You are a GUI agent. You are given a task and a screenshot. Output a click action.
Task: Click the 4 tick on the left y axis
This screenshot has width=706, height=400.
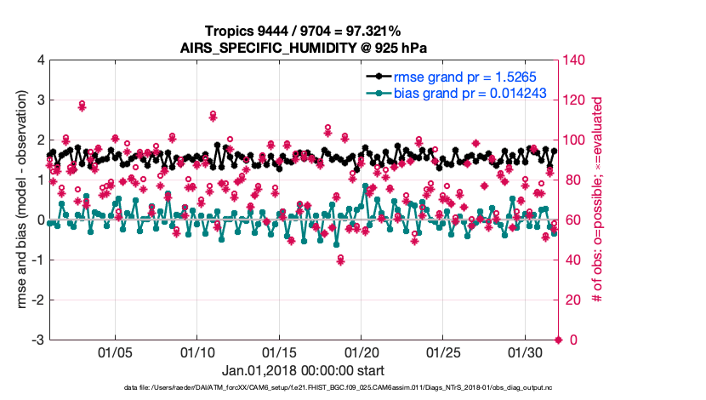click(x=40, y=60)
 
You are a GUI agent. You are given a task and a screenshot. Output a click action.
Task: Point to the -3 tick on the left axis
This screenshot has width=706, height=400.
click(x=37, y=340)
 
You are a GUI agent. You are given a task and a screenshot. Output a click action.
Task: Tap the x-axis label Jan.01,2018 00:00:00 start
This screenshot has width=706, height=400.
click(x=303, y=371)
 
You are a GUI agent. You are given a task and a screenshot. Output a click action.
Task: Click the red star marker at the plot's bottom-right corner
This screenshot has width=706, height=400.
click(x=559, y=340)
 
